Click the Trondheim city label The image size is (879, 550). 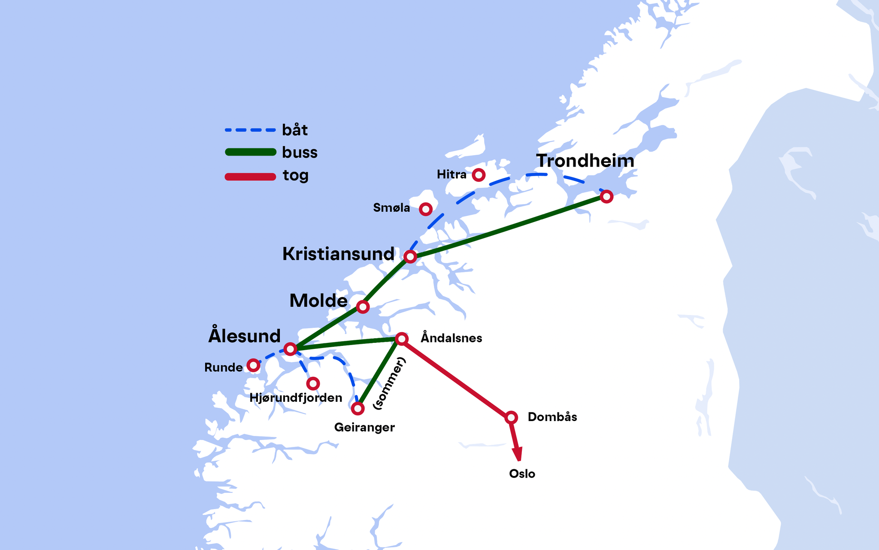[585, 161]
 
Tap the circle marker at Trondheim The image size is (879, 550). [606, 197]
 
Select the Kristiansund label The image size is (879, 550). [338, 254]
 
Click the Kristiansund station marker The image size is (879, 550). [410, 257]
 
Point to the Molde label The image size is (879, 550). [318, 301]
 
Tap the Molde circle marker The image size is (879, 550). [363, 307]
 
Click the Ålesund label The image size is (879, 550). [244, 336]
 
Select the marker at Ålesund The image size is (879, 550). [290, 349]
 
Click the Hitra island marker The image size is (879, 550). [479, 175]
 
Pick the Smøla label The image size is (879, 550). [391, 208]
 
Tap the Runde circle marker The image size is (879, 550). [253, 365]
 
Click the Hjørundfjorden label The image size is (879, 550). [296, 398]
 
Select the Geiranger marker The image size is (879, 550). [358, 408]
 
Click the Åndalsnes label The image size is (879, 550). [451, 338]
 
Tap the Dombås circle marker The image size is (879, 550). [511, 417]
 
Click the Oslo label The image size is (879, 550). [522, 474]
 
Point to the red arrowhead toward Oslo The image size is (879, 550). [518, 454]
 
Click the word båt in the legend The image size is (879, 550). [295, 130]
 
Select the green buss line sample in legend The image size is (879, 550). [251, 152]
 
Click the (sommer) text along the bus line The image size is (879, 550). [389, 384]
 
